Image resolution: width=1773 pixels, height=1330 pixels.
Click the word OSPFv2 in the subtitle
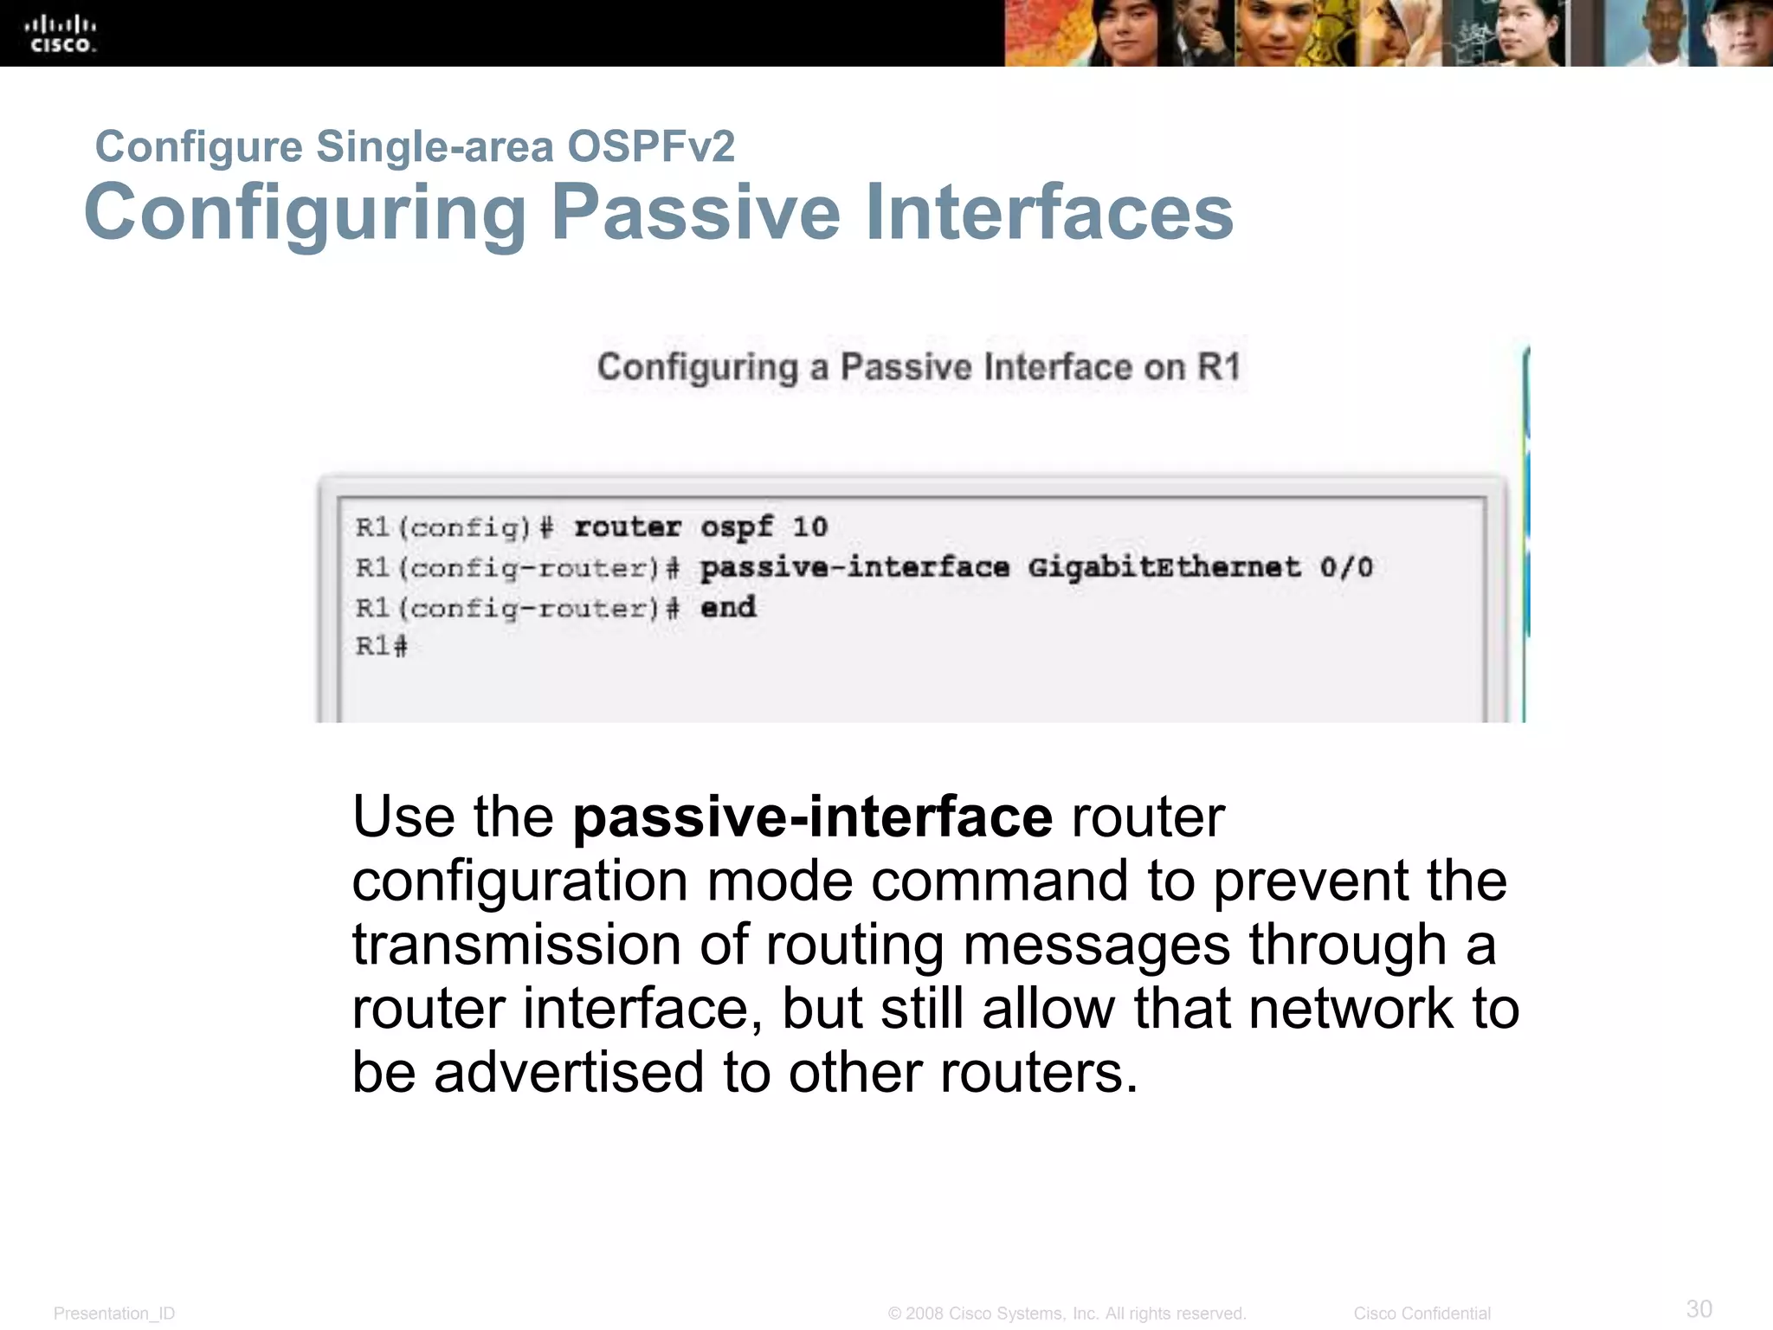coord(650,145)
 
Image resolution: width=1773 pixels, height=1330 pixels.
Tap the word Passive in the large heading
coord(696,213)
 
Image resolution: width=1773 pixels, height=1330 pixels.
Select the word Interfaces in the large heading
coord(1049,213)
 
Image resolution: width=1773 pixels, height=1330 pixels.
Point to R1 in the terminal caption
coord(1219,367)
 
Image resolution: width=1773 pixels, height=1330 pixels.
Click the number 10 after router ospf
coord(810,526)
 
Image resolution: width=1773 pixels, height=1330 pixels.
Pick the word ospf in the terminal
coord(737,527)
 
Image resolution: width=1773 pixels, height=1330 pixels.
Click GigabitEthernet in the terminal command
coord(1164,568)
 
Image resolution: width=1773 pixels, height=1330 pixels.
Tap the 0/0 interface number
coord(1347,568)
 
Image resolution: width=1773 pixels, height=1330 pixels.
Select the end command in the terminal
coord(728,607)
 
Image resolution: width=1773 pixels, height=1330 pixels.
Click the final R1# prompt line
coord(381,646)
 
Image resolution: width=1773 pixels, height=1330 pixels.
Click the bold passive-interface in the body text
coord(812,817)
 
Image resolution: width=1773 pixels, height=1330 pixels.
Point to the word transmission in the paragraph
coord(516,945)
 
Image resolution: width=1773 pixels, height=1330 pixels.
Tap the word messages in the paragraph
coord(1097,945)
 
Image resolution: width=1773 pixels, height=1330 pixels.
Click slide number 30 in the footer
coord(1699,1307)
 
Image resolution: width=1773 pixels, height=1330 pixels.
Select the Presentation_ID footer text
coord(114,1314)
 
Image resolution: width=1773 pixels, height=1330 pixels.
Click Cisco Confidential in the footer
coord(1422,1314)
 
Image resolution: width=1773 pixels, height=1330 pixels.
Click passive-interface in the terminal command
coord(854,568)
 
